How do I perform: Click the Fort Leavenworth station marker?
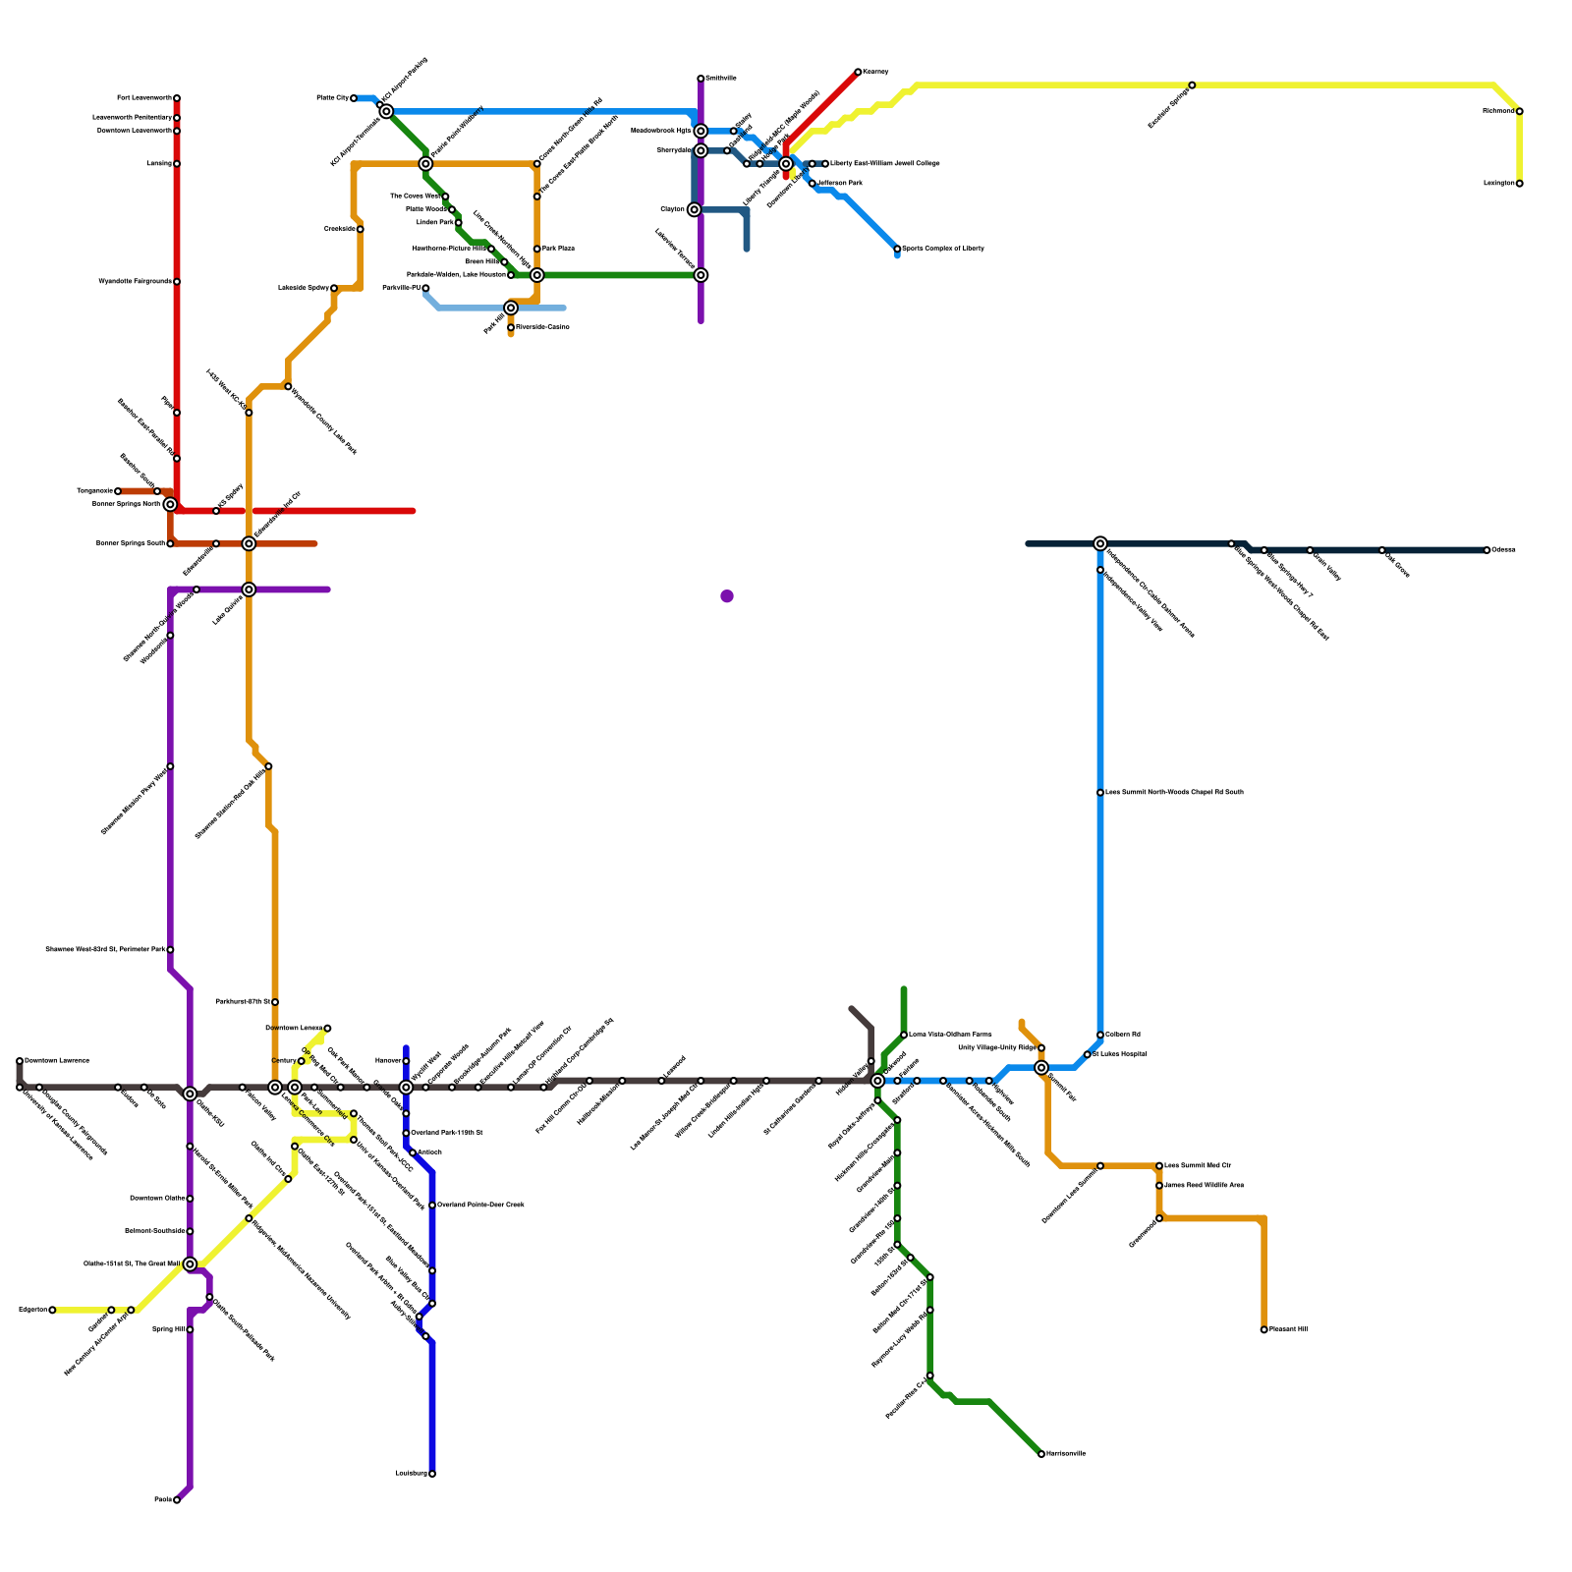click(177, 98)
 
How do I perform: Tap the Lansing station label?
click(159, 164)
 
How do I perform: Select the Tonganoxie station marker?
click(118, 491)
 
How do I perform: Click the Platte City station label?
click(332, 98)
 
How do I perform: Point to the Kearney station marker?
click(858, 72)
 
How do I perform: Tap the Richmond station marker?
click(1519, 111)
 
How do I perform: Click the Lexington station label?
click(1498, 184)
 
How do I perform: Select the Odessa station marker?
click(1488, 550)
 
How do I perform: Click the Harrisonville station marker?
click(1041, 1454)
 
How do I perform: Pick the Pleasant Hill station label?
click(1288, 1329)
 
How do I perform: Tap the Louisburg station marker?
click(432, 1474)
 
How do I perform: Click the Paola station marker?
click(177, 1500)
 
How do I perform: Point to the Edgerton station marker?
click(52, 1310)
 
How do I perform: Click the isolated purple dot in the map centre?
click(727, 596)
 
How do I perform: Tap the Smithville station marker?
click(701, 79)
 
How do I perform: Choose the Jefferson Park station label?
click(840, 184)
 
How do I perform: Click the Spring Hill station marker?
click(190, 1329)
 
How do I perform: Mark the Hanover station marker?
click(406, 1061)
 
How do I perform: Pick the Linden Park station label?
click(435, 223)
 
